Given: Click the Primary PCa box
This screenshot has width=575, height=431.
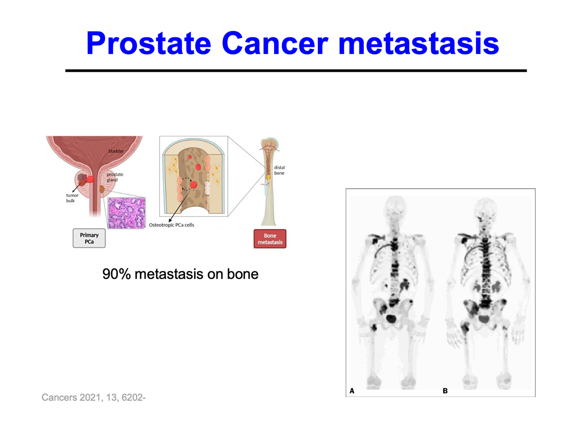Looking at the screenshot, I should click(x=89, y=238).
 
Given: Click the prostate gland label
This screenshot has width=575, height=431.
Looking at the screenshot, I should click(x=115, y=177).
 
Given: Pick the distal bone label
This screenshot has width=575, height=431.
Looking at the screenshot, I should click(x=279, y=170).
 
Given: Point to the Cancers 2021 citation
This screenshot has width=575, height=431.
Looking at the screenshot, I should click(x=94, y=397).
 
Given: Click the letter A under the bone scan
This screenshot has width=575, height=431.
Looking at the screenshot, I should click(x=352, y=391).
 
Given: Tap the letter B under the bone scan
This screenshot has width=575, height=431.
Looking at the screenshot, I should click(x=445, y=391).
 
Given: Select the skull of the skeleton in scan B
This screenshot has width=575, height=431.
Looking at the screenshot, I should click(x=485, y=208).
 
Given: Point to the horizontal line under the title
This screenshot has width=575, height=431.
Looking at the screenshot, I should click(x=296, y=70).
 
